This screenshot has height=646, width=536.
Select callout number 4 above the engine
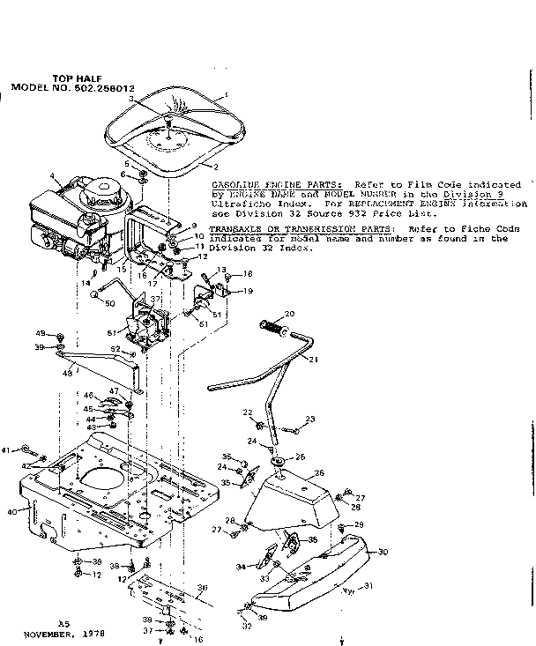click(52, 175)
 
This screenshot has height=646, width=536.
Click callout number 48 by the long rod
click(64, 373)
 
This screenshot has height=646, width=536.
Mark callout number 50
click(110, 304)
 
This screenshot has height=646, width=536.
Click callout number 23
click(310, 419)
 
